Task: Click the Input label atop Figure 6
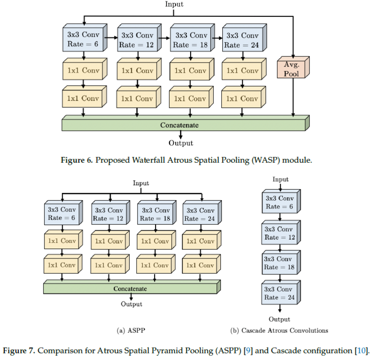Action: [x=174, y=4]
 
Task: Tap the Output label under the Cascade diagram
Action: [x=279, y=319]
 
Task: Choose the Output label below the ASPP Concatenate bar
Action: [x=131, y=304]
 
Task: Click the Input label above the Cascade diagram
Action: [x=281, y=180]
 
